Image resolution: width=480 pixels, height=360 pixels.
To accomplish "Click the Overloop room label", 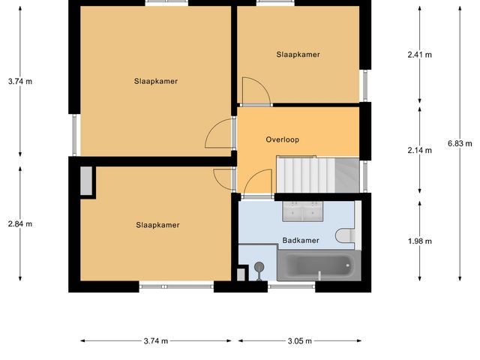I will [283, 139].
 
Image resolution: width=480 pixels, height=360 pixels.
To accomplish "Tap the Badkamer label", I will [301, 241].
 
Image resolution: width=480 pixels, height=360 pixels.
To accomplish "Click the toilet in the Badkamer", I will [345, 236].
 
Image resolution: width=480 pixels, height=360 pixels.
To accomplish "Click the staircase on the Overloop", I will [307, 175].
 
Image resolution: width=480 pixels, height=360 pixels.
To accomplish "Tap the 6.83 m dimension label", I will [459, 142].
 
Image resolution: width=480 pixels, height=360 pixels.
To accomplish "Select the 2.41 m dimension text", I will [420, 55].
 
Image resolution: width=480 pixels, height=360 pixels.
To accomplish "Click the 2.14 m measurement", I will [420, 151].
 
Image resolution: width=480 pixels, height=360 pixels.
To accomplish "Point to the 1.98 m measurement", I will [420, 241].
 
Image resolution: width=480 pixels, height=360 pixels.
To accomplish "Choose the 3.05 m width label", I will [299, 340].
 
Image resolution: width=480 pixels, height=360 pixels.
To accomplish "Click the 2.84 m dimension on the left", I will [19, 223].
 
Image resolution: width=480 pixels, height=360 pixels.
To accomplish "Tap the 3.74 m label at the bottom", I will [155, 340].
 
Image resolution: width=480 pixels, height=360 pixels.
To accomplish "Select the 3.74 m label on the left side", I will [19, 81].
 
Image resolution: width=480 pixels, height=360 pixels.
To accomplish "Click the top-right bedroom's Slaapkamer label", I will [298, 55].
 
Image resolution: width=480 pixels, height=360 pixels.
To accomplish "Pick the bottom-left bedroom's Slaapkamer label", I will [158, 224].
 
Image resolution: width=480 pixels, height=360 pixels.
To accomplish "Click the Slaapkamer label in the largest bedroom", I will [156, 81].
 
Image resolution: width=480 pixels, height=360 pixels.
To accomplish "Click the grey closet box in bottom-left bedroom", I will [87, 181].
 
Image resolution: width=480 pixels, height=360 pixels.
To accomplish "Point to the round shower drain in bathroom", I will [259, 266].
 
